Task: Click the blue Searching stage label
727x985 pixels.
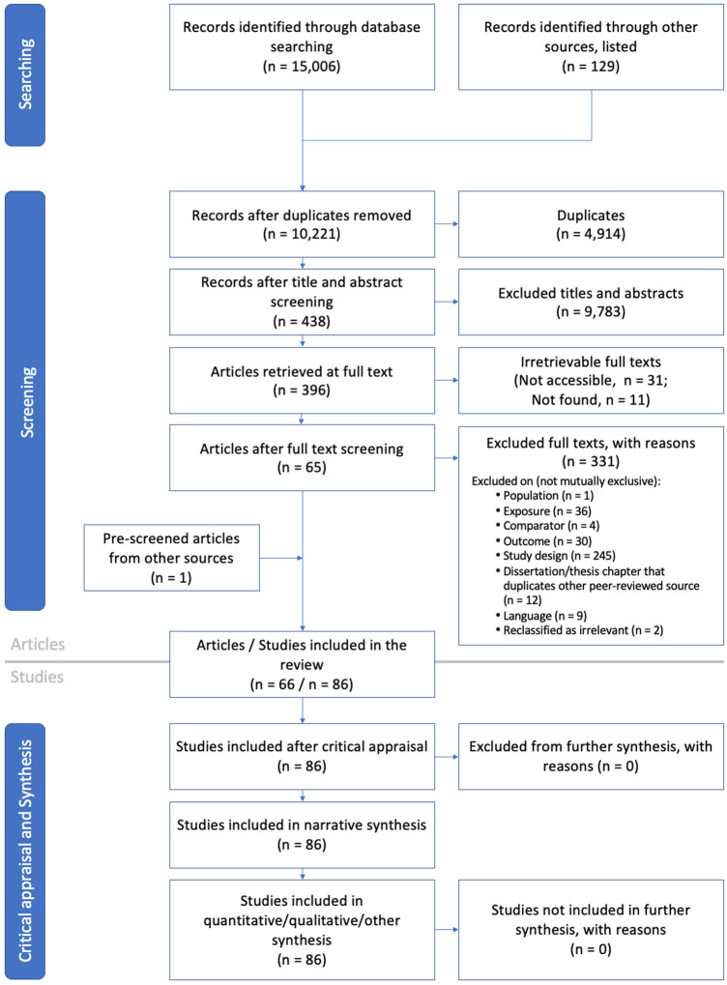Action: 25,74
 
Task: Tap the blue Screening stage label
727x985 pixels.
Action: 25,401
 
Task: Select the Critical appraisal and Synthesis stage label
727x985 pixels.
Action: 25,851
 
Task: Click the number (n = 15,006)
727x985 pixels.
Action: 302,66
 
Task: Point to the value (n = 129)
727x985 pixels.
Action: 591,66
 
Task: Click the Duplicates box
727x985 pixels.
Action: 591,224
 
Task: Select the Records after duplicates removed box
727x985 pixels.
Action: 302,224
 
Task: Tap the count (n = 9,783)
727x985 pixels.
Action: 591,311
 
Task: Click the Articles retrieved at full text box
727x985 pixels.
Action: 302,380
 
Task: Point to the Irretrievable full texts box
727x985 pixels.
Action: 591,380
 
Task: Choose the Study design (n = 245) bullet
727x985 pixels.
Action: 556,555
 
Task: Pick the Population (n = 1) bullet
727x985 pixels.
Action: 544,495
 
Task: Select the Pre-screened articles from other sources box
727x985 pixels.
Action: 171,558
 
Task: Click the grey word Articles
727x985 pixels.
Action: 38,644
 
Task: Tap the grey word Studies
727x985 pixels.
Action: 37,677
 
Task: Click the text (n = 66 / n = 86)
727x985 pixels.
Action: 302,684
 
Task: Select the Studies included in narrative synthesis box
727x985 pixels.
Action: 302,835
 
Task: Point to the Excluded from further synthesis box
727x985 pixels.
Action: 591,756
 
